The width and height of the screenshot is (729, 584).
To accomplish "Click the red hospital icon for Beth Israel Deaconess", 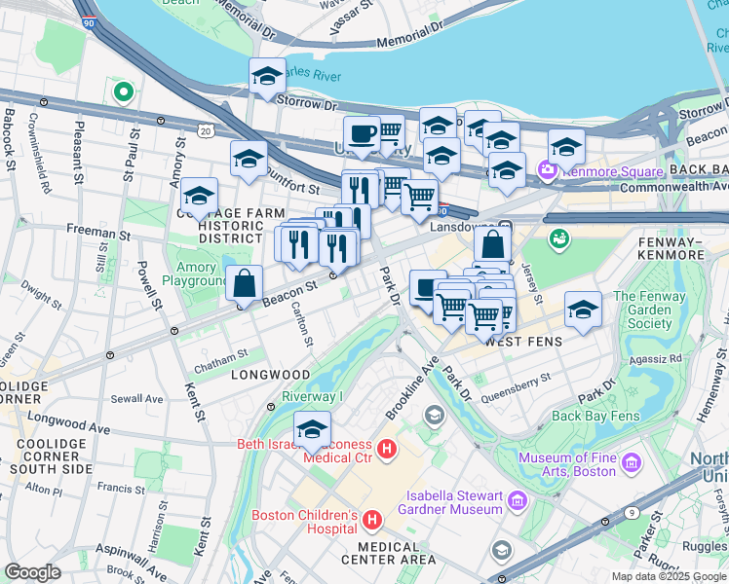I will tap(387, 450).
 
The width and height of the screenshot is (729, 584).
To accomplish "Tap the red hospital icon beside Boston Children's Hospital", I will tap(371, 523).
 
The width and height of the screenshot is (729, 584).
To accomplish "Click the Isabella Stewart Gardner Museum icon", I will tap(517, 502).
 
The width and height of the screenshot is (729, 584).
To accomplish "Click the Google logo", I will tap(33, 571).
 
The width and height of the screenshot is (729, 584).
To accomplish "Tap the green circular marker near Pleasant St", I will tap(123, 92).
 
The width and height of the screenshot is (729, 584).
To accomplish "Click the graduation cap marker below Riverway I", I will tap(312, 429).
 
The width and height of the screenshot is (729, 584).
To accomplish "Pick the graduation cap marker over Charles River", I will tap(267, 77).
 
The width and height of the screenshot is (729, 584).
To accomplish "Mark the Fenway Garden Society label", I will tap(650, 310).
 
